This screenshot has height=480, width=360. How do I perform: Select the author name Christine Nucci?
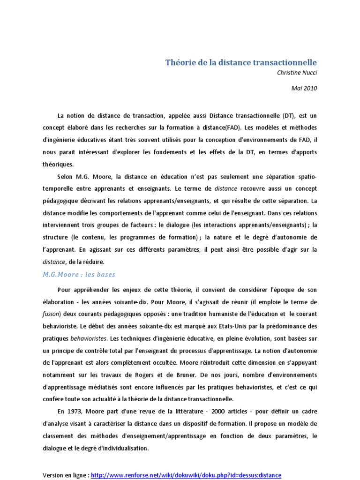pos(297,73)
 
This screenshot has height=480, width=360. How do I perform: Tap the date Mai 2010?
pos(304,88)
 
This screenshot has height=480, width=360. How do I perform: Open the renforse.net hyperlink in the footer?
pos(186,475)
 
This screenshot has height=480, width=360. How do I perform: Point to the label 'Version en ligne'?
pos(65,475)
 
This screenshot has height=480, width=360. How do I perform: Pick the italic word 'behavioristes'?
pos(88,338)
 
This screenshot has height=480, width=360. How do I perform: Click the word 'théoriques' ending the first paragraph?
pos(58,164)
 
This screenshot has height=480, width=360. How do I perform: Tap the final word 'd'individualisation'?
pos(122,448)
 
